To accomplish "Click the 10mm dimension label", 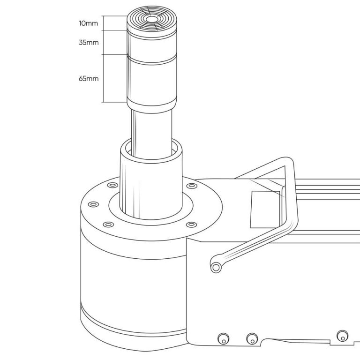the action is pyautogui.click(x=89, y=23).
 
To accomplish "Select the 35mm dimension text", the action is pyautogui.click(x=89, y=43).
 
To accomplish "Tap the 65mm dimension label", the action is pyautogui.click(x=89, y=79).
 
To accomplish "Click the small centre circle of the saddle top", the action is pyautogui.click(x=151, y=19).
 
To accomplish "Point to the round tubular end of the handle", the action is pyautogui.click(x=216, y=267).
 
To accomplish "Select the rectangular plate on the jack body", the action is pyautogui.click(x=265, y=210).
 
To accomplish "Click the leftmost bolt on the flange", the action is pyautogui.click(x=93, y=204).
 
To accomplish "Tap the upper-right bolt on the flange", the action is pyautogui.click(x=191, y=186).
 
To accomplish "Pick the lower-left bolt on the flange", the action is pyautogui.click(x=108, y=225).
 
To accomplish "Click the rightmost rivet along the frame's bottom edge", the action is pyautogui.click(x=342, y=337).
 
